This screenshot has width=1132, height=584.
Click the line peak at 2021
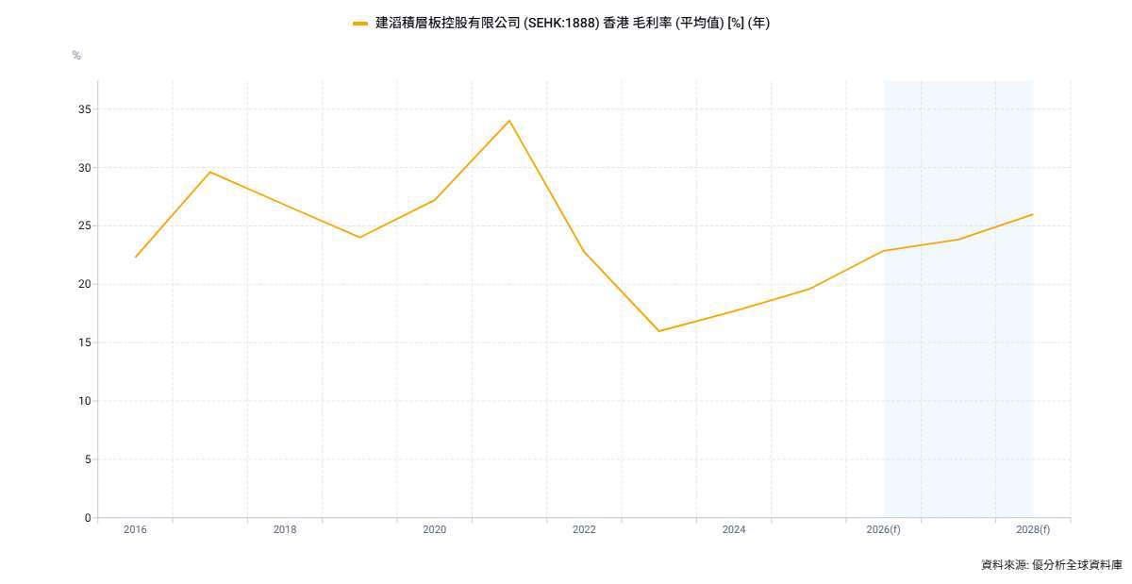509,121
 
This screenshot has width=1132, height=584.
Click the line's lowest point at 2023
659,331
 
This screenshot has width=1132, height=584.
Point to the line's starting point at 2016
136,257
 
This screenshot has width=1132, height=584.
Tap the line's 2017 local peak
209,172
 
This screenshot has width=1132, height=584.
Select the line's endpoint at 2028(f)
1033,214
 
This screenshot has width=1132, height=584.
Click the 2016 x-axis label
135,529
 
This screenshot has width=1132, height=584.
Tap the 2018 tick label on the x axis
285,529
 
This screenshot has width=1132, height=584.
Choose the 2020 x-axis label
434,529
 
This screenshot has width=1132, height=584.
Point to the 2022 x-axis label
584,529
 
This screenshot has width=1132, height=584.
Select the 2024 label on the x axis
734,529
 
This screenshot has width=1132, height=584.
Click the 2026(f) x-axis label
883,529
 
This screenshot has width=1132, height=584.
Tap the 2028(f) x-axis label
1033,529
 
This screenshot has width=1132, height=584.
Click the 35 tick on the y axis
85,109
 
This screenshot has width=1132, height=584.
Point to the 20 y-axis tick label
85,284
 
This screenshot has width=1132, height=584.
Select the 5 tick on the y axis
88,459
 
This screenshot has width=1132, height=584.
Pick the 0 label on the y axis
88,518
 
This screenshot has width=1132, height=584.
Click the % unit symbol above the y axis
76,56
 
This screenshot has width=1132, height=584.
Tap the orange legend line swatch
360,24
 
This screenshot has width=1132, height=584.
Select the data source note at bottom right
1051,565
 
